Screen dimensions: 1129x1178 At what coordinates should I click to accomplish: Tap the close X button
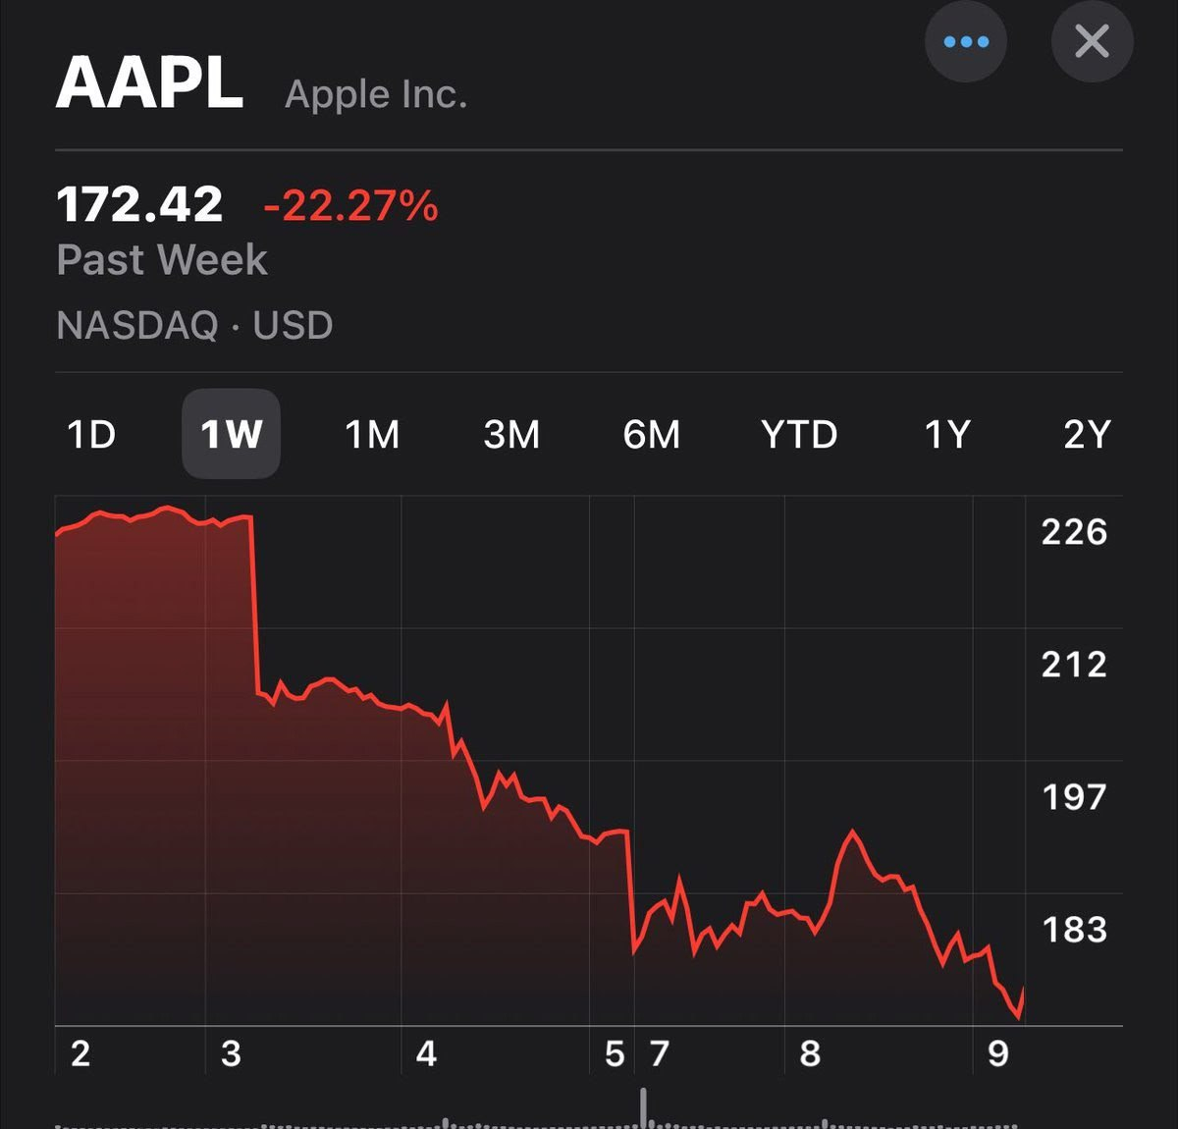[1092, 42]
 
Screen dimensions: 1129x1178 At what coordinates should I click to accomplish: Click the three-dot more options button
[966, 42]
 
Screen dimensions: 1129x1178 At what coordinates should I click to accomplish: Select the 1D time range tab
[91, 434]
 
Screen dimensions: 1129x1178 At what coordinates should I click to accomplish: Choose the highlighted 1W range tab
[231, 434]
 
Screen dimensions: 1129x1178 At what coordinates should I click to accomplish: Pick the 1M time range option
[372, 434]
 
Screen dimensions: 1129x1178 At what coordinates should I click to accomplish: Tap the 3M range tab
[511, 434]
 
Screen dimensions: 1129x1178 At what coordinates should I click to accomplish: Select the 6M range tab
[651, 434]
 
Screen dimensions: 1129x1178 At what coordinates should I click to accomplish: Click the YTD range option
[799, 434]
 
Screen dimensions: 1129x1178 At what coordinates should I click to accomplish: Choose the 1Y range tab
[947, 434]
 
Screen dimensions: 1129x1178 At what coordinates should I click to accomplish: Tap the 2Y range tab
[1087, 434]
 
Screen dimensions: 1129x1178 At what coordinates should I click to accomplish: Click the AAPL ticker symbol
[149, 84]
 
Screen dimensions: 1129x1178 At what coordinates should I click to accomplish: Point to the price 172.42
[139, 205]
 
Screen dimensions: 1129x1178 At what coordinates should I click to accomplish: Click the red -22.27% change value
[350, 206]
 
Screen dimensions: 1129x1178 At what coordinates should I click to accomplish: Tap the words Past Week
[162, 260]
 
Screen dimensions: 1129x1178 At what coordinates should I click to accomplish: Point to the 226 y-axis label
[1074, 532]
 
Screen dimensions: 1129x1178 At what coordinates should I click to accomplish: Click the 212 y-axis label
[1074, 665]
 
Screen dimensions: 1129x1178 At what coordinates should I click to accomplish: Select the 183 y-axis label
[1074, 930]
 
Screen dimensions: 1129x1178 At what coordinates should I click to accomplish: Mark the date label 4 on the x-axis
[426, 1054]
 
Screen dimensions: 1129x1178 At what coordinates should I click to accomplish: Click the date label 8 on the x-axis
[810, 1054]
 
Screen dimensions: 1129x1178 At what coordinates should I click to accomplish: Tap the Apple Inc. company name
[376, 95]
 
